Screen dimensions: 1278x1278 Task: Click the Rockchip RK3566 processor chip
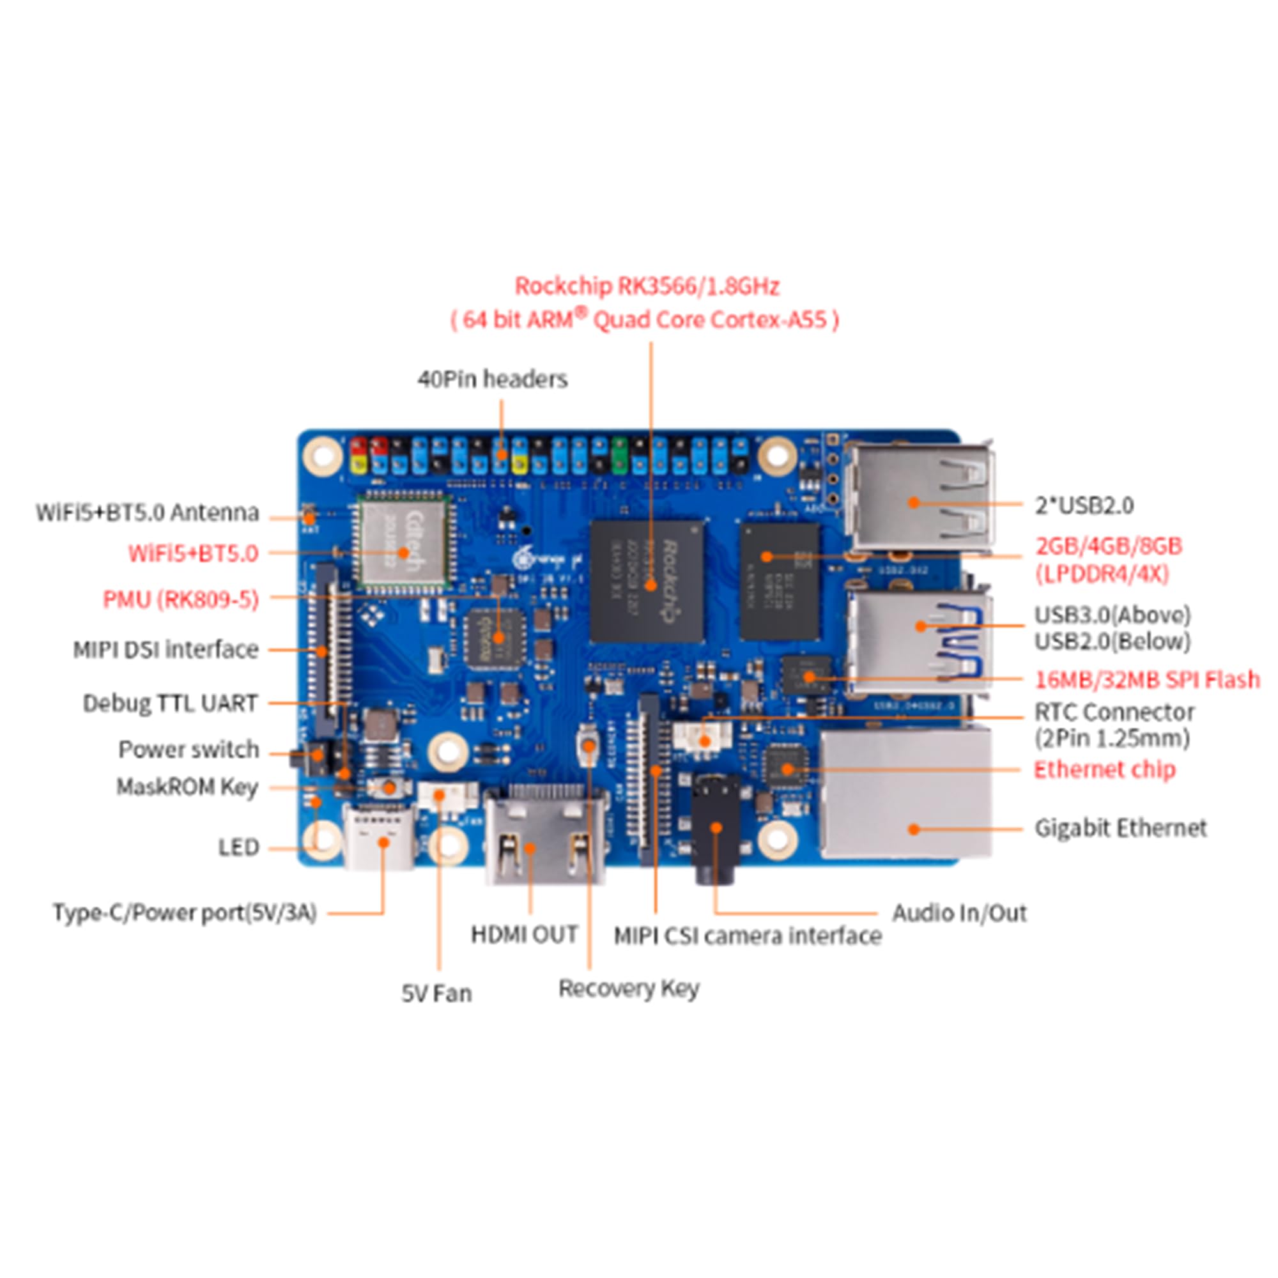point(647,581)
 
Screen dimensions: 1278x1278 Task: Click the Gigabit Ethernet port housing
point(906,794)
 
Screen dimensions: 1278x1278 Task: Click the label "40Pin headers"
point(492,379)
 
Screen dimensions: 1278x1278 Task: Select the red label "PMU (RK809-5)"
point(181,599)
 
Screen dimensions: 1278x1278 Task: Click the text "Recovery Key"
point(628,989)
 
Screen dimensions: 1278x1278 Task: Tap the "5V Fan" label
point(436,993)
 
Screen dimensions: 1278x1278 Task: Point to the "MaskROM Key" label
point(187,787)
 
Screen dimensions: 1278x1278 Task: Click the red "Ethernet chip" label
point(1104,769)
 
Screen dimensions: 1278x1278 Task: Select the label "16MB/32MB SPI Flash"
point(1147,679)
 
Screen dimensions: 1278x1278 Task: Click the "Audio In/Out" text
point(959,913)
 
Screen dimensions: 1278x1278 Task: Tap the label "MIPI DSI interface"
point(166,650)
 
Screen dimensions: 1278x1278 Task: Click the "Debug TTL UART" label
point(170,703)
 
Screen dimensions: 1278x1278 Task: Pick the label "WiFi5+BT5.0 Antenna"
point(147,512)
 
